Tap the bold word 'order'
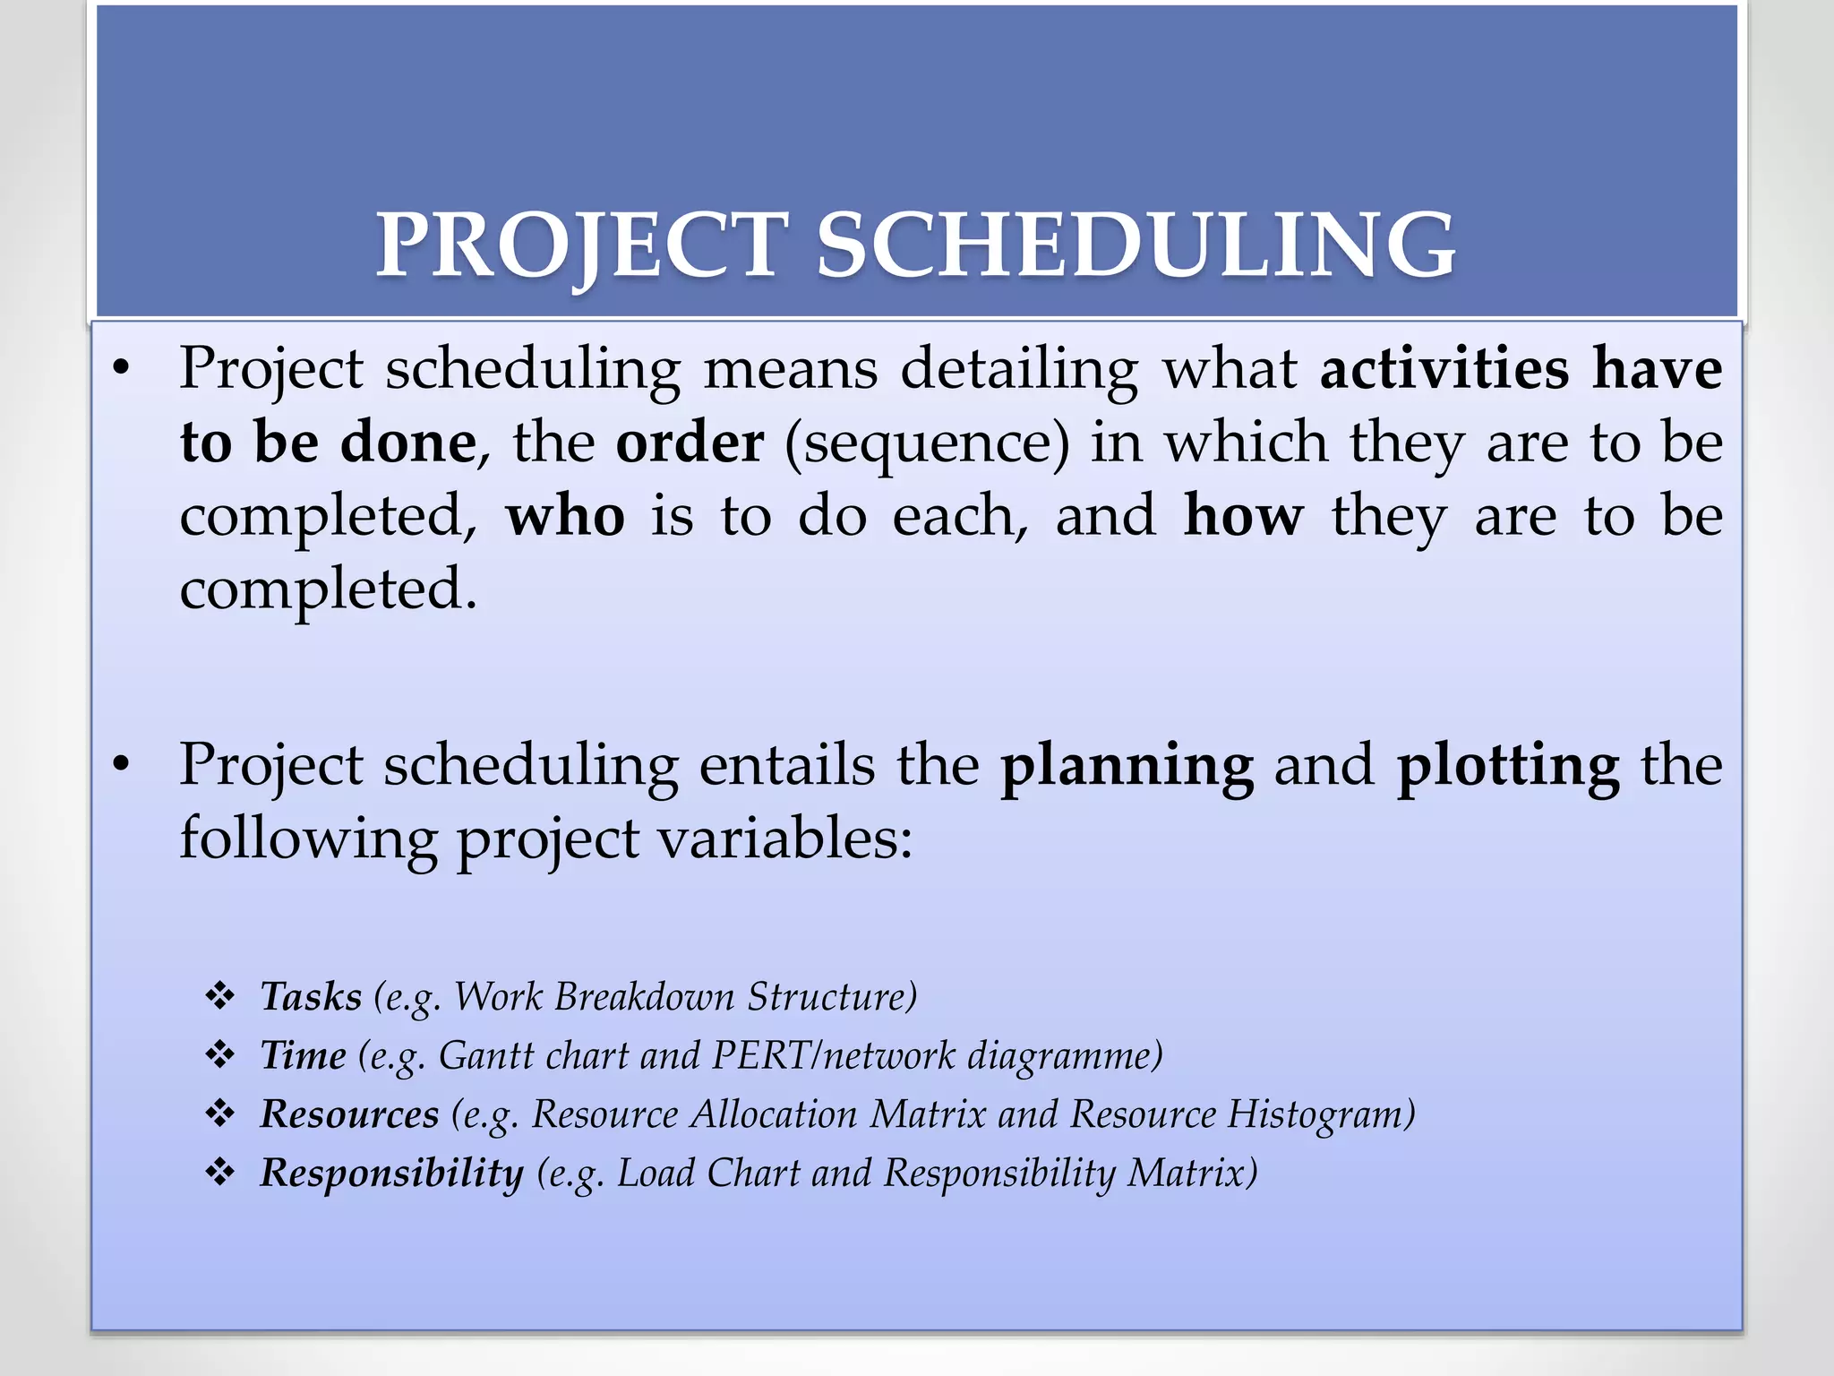click(x=690, y=443)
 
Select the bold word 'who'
click(x=565, y=517)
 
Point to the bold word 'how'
click(x=1243, y=517)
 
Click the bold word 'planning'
click(x=1127, y=767)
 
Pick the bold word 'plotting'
click(x=1508, y=767)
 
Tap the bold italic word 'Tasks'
click(x=311, y=997)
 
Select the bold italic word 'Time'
click(x=303, y=1055)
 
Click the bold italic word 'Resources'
click(x=349, y=1114)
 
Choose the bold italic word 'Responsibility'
click(x=391, y=1174)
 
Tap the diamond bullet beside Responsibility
click(x=220, y=1173)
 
